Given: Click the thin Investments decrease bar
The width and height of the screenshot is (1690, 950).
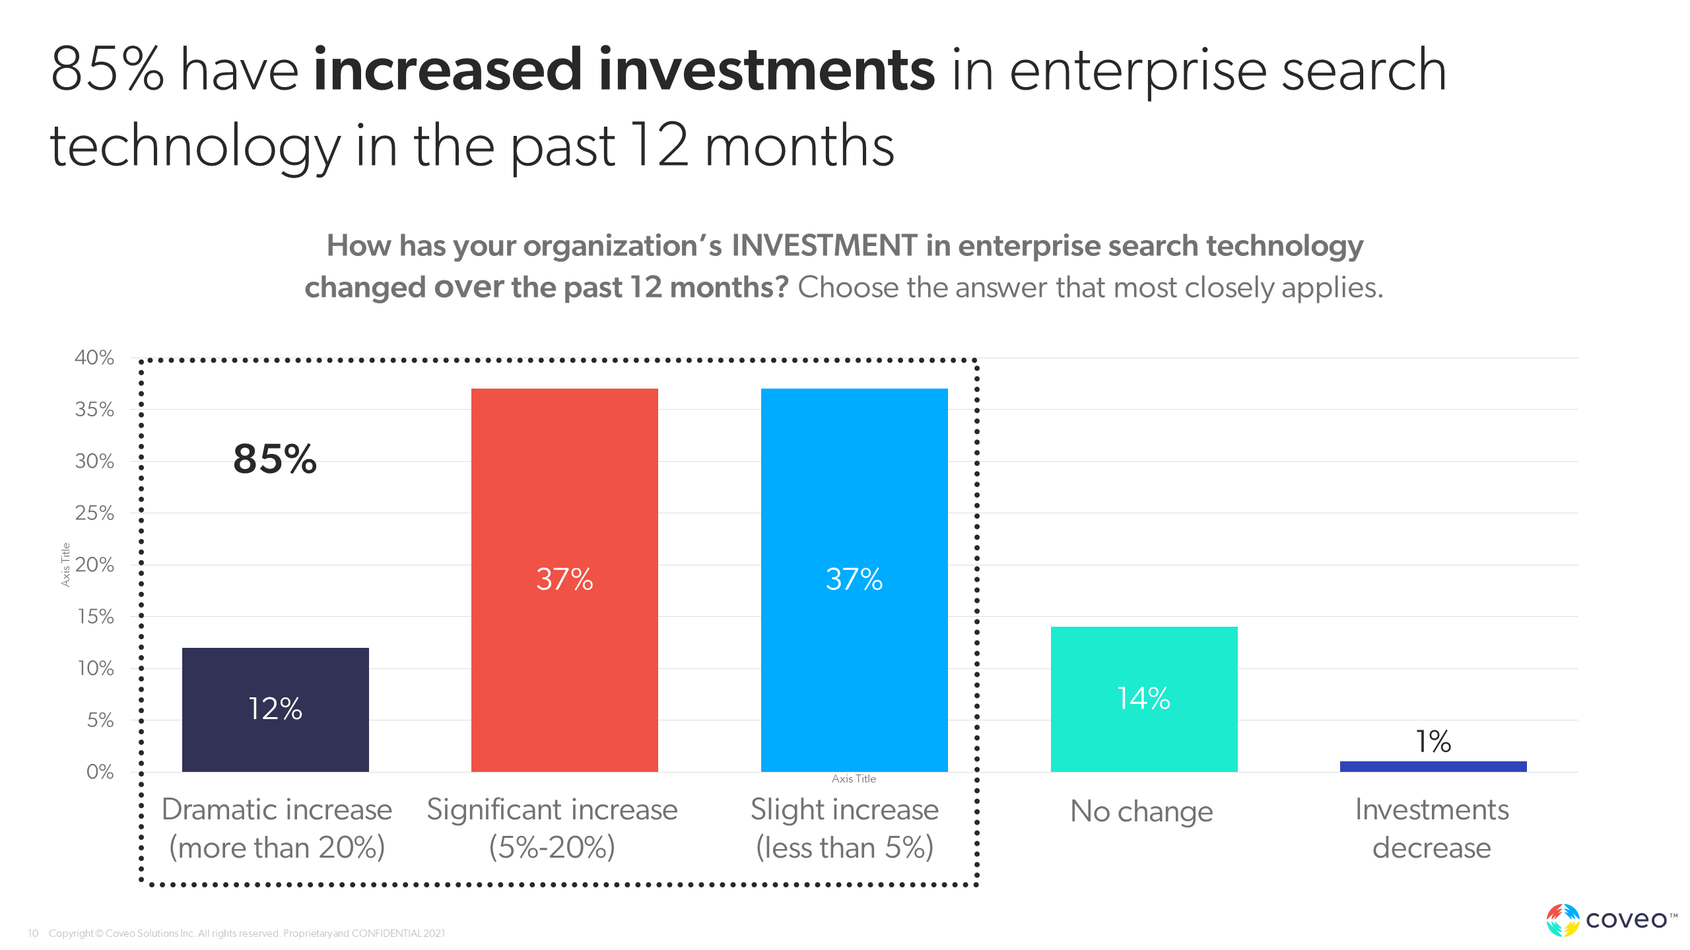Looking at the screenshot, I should (1433, 767).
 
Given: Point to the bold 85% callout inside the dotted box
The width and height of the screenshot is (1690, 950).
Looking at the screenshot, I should (275, 459).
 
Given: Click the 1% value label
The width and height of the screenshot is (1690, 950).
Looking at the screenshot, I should (1433, 742).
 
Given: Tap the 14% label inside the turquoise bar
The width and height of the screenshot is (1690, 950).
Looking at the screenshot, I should (1144, 699).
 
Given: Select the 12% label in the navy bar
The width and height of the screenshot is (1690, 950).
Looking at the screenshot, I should (275, 709).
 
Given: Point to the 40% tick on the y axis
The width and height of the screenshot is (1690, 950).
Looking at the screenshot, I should (94, 358).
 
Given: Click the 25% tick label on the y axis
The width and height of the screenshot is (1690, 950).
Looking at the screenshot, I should (94, 513).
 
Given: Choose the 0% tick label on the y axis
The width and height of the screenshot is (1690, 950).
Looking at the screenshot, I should (100, 772).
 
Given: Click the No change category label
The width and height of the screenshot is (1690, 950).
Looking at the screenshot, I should (1141, 811).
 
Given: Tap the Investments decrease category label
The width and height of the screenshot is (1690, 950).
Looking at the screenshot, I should (1432, 829).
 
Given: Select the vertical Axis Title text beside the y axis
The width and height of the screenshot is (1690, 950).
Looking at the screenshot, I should (65, 565).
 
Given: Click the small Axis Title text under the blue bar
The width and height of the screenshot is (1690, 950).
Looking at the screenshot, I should (854, 779).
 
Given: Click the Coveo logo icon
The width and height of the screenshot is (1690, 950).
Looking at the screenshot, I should (1563, 920).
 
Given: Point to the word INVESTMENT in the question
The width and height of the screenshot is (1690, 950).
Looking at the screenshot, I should (824, 246).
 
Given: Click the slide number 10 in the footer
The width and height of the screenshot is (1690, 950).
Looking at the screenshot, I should (33, 934).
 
